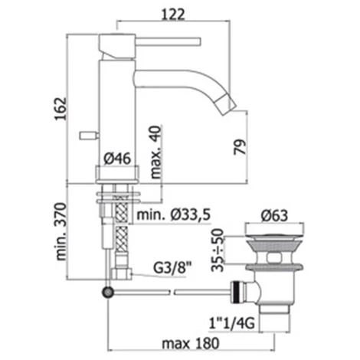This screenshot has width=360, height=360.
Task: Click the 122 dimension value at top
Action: (173, 15)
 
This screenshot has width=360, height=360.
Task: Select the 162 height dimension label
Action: (61, 109)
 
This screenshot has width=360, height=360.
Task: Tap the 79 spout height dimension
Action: (240, 147)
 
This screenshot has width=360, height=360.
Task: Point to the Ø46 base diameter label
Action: (117, 159)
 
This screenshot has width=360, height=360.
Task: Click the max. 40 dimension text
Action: (155, 152)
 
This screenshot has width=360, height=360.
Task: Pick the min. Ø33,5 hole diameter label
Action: (174, 215)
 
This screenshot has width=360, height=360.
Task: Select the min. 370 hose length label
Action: (61, 231)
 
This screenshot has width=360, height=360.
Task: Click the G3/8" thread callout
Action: (172, 267)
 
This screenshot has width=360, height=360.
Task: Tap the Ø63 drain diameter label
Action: (274, 216)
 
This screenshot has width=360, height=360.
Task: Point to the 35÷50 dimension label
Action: (218, 250)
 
